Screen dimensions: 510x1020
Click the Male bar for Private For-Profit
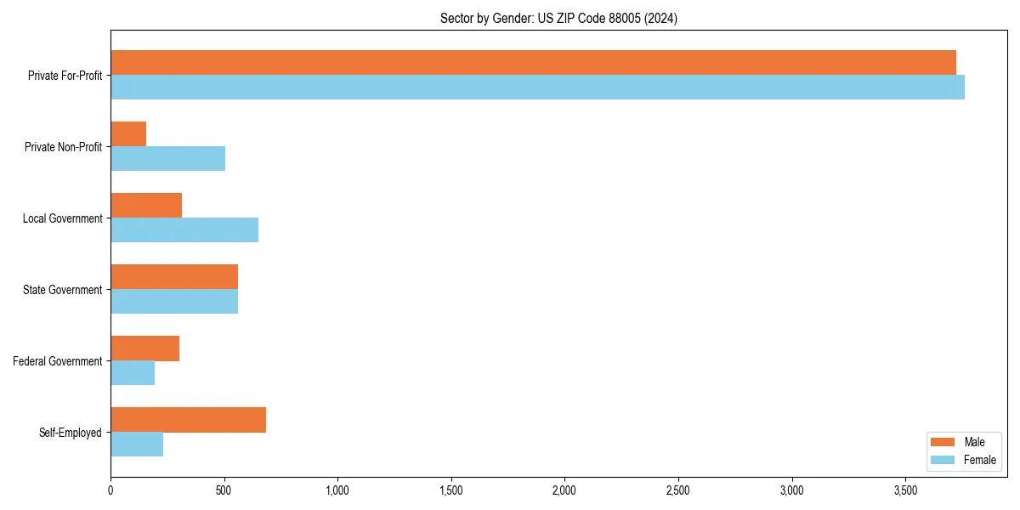[533, 63]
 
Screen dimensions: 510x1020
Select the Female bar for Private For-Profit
[537, 88]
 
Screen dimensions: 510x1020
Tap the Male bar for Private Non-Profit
[128, 134]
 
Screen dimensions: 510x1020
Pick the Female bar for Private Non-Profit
[167, 159]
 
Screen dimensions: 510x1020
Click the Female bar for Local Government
[184, 230]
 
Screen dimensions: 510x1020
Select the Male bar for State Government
[174, 277]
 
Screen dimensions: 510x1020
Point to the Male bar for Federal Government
[144, 348]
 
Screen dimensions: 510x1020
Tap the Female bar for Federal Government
[133, 373]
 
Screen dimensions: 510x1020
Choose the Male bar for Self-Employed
[188, 420]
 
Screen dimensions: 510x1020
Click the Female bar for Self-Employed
[137, 445]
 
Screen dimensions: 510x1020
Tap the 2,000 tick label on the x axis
[564, 490]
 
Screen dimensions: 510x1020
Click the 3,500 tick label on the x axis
[905, 490]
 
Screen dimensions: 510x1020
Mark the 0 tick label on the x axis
[110, 490]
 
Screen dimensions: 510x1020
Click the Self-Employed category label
[71, 433]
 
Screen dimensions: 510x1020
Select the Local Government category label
[63, 218]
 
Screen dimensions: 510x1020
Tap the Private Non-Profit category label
[63, 147]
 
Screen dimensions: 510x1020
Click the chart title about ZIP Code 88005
[558, 18]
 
